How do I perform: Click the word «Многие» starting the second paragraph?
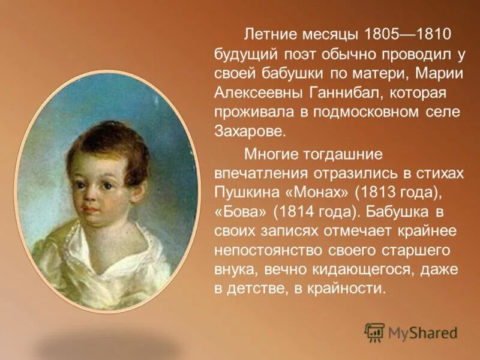tap(266, 154)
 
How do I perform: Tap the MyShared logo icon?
tap(375, 332)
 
